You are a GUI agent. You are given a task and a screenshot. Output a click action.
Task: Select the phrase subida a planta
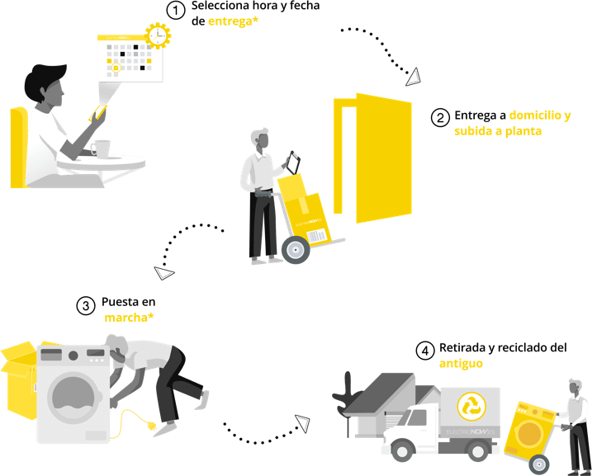(x=498, y=131)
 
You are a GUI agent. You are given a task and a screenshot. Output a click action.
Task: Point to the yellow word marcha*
(x=129, y=318)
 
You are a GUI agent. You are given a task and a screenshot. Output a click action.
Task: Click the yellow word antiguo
(x=461, y=364)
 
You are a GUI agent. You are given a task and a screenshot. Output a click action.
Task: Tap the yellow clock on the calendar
(x=157, y=35)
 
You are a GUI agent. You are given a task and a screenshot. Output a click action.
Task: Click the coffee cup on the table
(x=100, y=148)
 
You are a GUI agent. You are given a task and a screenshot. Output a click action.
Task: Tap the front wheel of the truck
(x=403, y=449)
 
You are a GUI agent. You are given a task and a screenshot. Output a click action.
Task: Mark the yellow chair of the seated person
(x=18, y=149)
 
